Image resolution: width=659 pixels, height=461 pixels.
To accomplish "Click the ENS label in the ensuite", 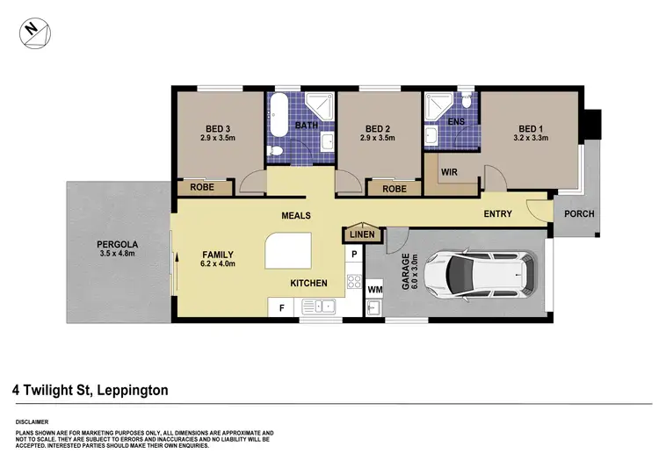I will pos(456,121).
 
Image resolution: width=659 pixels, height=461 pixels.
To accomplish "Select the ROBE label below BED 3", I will pos(206,188).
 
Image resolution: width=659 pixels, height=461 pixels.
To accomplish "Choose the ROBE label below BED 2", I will pos(394,188).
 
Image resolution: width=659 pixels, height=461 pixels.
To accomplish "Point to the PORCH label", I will pos(578,214).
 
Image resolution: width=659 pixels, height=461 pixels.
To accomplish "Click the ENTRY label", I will pos(498,214).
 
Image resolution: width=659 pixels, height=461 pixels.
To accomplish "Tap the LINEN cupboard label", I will pos(362,234).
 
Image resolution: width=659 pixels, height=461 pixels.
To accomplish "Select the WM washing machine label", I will pos(375,288).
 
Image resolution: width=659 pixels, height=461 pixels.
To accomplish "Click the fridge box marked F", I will pos(281,307).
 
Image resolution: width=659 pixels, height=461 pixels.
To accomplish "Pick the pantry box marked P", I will pos(353,255).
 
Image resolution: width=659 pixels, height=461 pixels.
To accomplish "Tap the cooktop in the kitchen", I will pos(354,282).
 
